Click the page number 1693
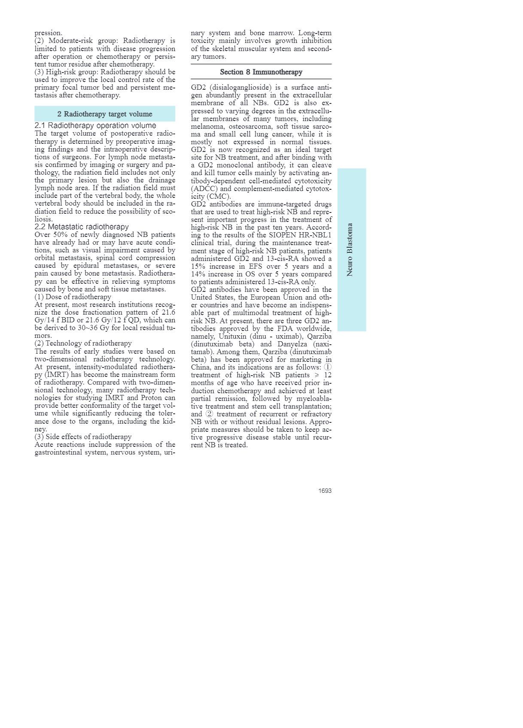[325, 491]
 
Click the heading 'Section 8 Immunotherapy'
[261, 72]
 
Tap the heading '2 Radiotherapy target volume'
[105, 114]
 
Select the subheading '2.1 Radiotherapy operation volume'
[95, 125]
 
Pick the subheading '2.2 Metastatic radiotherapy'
[82, 227]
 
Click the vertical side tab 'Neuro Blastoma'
[350, 249]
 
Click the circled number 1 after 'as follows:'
[328, 367]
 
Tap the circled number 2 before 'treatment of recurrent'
[209, 414]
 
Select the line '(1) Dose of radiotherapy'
[73, 297]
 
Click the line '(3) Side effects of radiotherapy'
[83, 437]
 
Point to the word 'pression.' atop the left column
[49, 33]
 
